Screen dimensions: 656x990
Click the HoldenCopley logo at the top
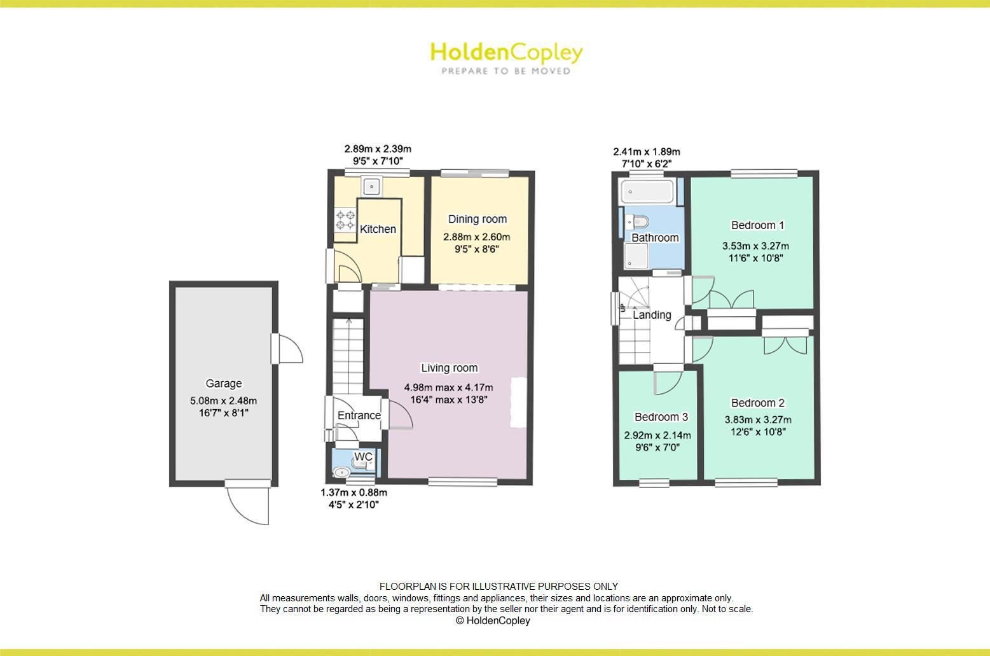coord(506,57)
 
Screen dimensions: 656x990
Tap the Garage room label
coord(223,383)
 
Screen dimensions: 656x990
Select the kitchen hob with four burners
coord(345,220)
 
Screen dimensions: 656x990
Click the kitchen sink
coord(371,186)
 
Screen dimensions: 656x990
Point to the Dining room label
coord(478,219)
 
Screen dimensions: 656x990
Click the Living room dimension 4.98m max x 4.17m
coord(448,387)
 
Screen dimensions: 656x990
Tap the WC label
coord(363,457)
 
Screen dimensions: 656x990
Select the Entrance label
coord(359,415)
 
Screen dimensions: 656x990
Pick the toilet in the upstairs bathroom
coord(636,221)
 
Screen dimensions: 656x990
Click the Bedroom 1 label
coord(757,225)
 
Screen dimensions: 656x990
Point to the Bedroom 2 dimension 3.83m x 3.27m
coord(757,419)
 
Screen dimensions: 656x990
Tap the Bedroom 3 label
coord(661,417)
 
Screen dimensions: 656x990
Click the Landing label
coord(652,314)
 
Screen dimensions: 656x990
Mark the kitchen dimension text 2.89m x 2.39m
coord(378,149)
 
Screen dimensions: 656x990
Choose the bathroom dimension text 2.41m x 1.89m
coord(646,151)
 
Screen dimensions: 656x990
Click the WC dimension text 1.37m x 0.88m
coord(354,492)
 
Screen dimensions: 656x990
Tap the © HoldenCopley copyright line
coord(493,620)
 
